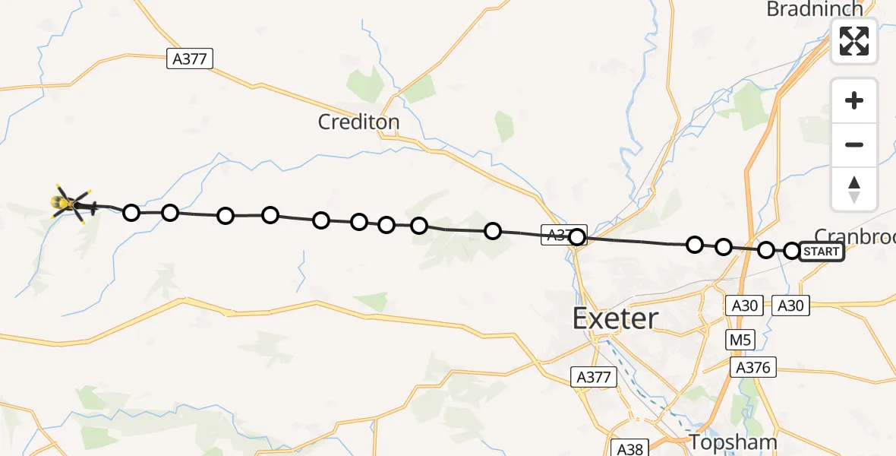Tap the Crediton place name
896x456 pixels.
point(359,122)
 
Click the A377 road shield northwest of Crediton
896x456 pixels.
point(190,59)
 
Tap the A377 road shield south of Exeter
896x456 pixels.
point(594,376)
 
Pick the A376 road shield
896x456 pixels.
point(753,368)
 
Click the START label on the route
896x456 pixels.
point(821,252)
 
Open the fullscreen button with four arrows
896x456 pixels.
point(854,41)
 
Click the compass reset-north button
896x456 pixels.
point(854,188)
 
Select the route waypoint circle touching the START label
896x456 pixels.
point(792,251)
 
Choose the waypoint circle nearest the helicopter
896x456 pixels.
point(131,212)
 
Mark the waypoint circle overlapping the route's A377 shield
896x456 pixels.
point(577,237)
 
